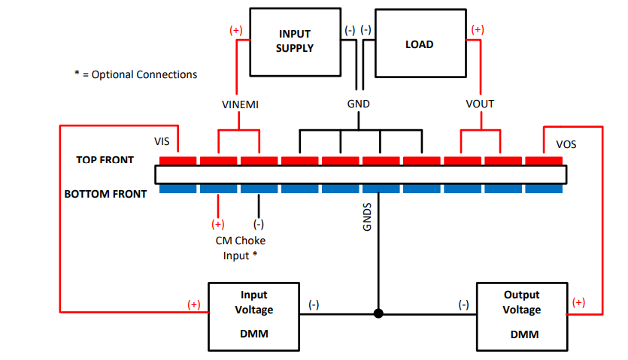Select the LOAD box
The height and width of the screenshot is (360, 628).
(420, 43)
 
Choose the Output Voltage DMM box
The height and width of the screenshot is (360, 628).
(522, 315)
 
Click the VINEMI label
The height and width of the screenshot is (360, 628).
(241, 104)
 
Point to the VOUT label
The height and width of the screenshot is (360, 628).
(480, 104)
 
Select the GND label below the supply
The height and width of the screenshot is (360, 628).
(359, 104)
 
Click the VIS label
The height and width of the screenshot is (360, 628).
(162, 141)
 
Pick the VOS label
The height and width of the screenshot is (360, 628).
(566, 143)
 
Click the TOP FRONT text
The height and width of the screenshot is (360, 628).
(105, 160)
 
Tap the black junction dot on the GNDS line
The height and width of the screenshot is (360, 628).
(379, 313)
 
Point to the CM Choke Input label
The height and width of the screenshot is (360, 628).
(240, 248)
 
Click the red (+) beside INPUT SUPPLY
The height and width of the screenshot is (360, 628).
(235, 31)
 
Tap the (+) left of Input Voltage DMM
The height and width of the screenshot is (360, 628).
(194, 304)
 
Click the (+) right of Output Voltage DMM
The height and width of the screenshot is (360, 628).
(578, 302)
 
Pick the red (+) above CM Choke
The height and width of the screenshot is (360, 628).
(217, 224)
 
